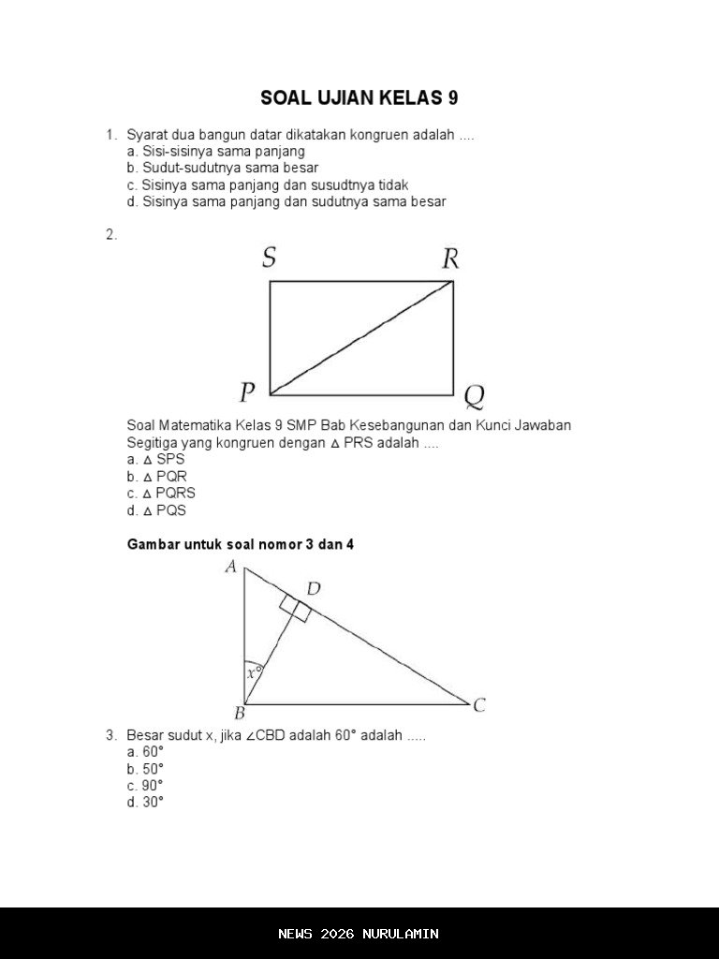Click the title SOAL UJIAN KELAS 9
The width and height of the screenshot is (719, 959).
359,98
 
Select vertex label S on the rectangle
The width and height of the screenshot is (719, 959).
269,258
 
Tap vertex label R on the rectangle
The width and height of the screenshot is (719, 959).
450,258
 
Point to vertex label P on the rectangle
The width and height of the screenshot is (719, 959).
247,391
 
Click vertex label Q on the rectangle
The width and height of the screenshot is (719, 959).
475,397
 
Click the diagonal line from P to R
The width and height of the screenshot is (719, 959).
361,338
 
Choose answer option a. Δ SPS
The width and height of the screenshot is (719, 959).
156,459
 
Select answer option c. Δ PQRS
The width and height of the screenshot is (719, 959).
161,494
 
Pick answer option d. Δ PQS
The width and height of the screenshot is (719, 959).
156,510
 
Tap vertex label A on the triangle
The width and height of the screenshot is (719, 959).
230,566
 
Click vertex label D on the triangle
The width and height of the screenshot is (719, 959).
314,588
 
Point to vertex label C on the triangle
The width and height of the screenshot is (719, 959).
479,705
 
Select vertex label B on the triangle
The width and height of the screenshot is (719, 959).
240,714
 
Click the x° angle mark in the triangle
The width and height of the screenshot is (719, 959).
253,672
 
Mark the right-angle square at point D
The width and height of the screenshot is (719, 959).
295,609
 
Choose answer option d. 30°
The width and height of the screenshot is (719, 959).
145,803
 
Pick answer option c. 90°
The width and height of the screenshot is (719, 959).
145,786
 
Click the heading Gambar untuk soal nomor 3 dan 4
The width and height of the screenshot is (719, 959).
241,544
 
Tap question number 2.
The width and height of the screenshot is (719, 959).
111,235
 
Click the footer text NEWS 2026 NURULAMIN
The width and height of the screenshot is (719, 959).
359,934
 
